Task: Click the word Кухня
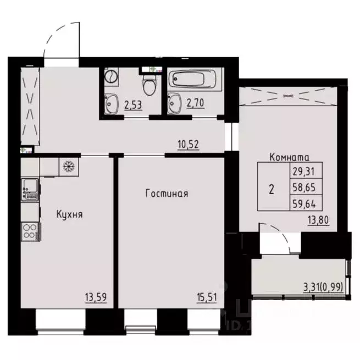pyautogui.click(x=69, y=214)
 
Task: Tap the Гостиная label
pyautogui.click(x=167, y=193)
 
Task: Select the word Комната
pyautogui.click(x=290, y=158)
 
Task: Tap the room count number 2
pyautogui.click(x=272, y=190)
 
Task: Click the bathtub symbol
pyautogui.click(x=193, y=81)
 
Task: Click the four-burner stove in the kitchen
pyautogui.click(x=30, y=231)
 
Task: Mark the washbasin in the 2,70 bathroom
pyautogui.click(x=175, y=102)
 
